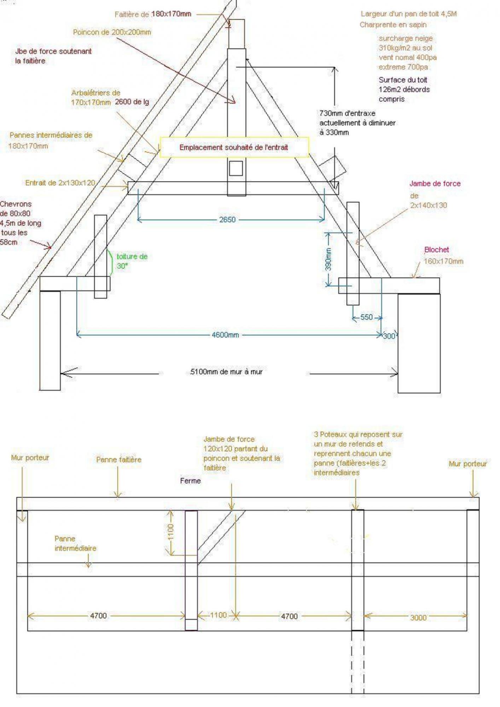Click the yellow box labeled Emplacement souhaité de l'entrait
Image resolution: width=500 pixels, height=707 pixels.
pos(234,147)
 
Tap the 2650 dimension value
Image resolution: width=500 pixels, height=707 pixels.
pos(227,220)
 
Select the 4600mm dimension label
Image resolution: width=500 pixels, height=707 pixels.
pos(225,335)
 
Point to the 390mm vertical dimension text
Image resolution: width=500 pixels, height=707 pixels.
pos(328,259)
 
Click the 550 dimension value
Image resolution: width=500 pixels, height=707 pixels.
pos(366,317)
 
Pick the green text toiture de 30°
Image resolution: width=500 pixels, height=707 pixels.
pos(132,261)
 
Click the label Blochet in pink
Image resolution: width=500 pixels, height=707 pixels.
pos(436,250)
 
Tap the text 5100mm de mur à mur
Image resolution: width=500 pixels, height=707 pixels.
pos(226,372)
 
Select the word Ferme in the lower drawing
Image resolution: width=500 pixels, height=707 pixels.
pos(190,481)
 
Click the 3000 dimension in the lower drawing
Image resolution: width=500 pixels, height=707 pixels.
pos(418,618)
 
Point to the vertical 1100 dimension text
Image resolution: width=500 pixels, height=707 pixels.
pos(171,532)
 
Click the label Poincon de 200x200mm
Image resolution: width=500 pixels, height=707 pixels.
pos(112,32)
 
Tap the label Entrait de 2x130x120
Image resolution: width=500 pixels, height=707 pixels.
pos(60,183)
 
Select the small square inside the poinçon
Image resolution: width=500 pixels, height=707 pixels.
pos(236,168)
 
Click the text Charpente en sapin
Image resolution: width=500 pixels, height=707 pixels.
pos(393,25)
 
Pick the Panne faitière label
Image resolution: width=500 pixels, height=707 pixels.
pos(118,460)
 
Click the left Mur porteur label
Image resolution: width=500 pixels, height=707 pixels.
pos(30,457)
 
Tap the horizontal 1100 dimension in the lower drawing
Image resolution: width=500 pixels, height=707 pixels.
pos(218,615)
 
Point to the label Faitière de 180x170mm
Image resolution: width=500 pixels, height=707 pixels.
pos(153,14)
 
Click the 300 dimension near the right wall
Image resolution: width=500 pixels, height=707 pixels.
pos(389,336)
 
